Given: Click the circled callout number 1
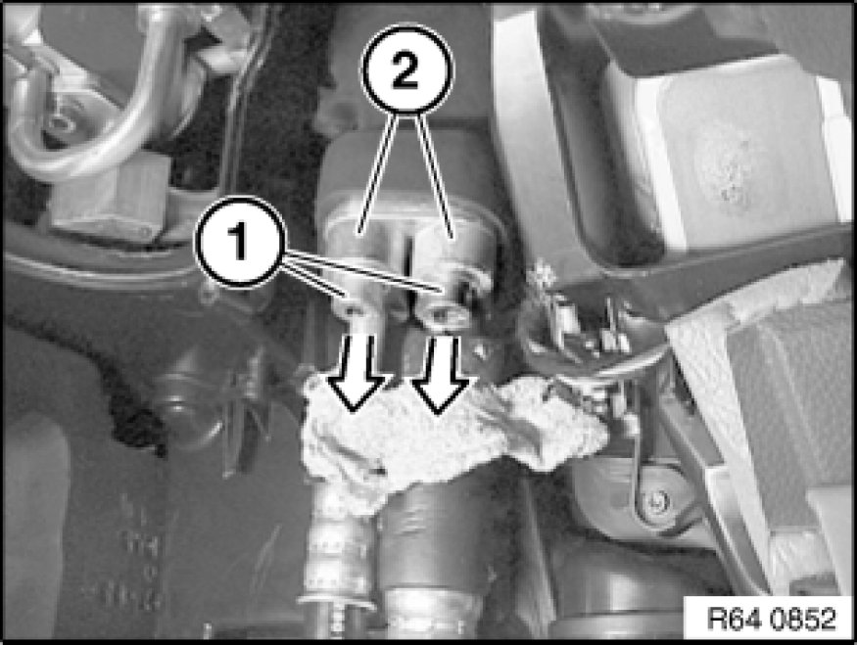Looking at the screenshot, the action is point(241,241).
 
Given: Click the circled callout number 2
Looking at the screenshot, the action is point(406,71).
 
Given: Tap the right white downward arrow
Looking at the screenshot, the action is point(441,374).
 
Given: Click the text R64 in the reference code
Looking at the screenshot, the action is point(733,619).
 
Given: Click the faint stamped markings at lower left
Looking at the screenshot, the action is point(139,552).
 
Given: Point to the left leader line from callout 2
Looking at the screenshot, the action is point(377,175).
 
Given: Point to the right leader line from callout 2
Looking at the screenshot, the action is point(434,176).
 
